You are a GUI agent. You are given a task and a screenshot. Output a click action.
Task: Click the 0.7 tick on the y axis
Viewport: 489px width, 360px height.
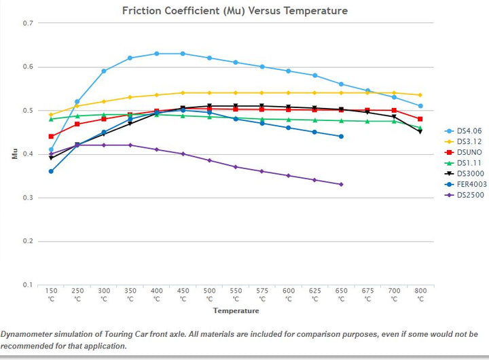[x=28, y=23]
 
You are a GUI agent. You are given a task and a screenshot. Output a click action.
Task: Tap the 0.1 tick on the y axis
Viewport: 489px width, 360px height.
[x=28, y=285]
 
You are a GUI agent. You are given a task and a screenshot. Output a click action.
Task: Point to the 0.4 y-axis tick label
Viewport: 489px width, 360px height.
[x=28, y=154]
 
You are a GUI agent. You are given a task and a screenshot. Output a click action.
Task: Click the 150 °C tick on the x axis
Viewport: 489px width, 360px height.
[x=51, y=294]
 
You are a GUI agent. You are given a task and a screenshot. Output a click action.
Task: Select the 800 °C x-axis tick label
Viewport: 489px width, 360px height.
[x=420, y=294]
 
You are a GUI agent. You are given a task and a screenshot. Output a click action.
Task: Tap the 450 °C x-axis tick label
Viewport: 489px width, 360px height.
[x=183, y=294]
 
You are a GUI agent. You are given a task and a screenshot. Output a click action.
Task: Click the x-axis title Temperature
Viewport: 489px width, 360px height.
[x=236, y=310]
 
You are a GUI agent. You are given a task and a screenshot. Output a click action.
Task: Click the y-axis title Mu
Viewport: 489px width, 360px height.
[x=14, y=154]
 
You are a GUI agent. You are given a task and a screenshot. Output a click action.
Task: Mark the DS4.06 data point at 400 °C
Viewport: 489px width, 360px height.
[x=156, y=54]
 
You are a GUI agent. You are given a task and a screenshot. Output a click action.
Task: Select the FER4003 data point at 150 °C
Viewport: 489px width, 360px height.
[x=51, y=171]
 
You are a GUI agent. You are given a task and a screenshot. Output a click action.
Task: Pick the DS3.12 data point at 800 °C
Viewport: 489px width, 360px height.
[x=420, y=95]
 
